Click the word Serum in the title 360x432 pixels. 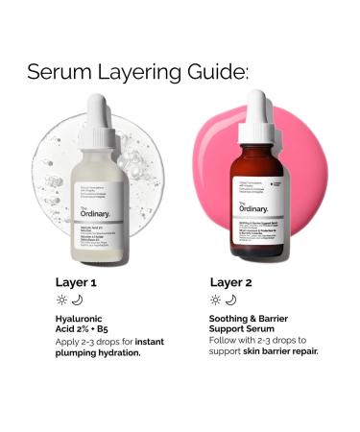[x=60, y=72]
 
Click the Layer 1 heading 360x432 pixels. [x=79, y=283]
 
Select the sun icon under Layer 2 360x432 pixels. [x=215, y=300]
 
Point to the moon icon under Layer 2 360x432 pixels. [x=230, y=300]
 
